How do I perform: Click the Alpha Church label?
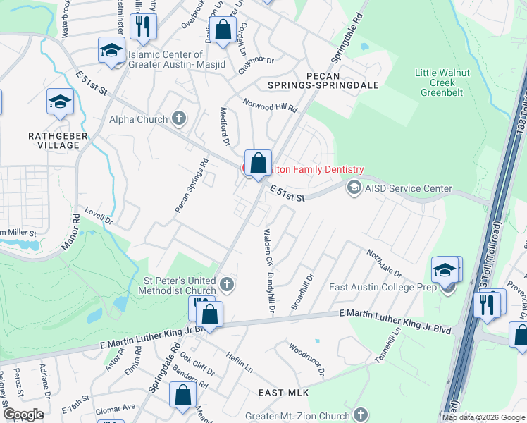138,119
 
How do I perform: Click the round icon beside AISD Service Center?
353,187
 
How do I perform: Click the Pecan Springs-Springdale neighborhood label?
333,80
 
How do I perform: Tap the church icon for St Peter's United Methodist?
226,285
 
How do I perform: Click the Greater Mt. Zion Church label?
299,416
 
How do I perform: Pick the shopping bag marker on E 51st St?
259,163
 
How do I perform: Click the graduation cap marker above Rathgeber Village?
60,102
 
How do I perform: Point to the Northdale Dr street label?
384,263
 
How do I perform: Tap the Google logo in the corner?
23,415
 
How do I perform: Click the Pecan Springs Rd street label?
192,186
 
